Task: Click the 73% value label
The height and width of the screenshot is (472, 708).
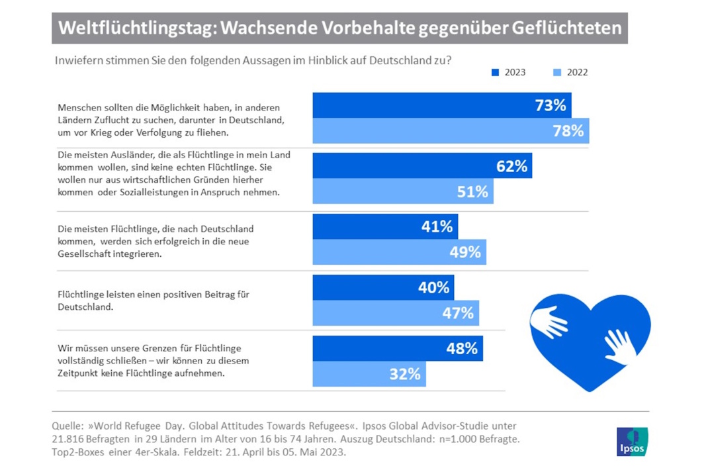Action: tap(550, 105)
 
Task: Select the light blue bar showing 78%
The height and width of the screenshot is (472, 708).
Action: tap(450, 131)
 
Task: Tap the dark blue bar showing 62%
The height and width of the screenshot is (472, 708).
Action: tap(421, 165)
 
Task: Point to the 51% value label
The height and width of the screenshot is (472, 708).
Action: tap(472, 191)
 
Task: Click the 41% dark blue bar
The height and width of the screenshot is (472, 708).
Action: tap(384, 226)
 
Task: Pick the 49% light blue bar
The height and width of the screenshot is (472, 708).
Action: tap(399, 252)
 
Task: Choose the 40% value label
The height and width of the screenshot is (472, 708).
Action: tap(433, 287)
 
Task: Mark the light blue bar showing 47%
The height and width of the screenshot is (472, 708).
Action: tap(395, 313)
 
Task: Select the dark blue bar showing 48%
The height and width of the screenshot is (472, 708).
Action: tap(397, 348)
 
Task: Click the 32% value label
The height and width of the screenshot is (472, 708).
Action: tap(405, 374)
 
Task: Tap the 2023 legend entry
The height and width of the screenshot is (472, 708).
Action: tap(508, 72)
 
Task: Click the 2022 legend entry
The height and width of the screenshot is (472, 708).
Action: tap(570, 72)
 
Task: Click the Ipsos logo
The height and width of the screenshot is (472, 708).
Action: tap(632, 441)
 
